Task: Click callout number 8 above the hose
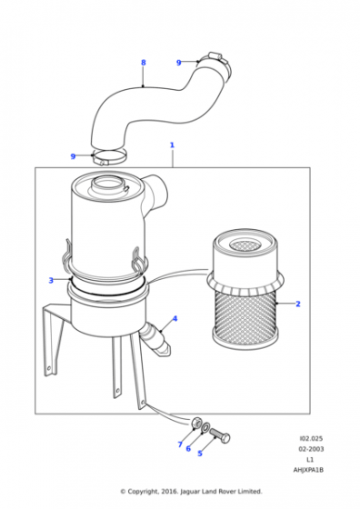(143, 63)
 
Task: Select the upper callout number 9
(178, 63)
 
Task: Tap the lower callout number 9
(73, 156)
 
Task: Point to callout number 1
(172, 145)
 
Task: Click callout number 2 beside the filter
(298, 304)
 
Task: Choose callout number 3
(51, 280)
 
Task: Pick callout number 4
(175, 318)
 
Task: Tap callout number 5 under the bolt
(200, 454)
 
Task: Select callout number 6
(188, 448)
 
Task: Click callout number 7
(180, 444)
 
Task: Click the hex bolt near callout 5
(220, 435)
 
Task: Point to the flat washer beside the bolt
(205, 428)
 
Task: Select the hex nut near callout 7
(195, 423)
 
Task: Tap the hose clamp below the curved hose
(109, 156)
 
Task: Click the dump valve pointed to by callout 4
(155, 339)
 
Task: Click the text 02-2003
(311, 449)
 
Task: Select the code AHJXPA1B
(308, 470)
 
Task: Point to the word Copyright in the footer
(143, 492)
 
